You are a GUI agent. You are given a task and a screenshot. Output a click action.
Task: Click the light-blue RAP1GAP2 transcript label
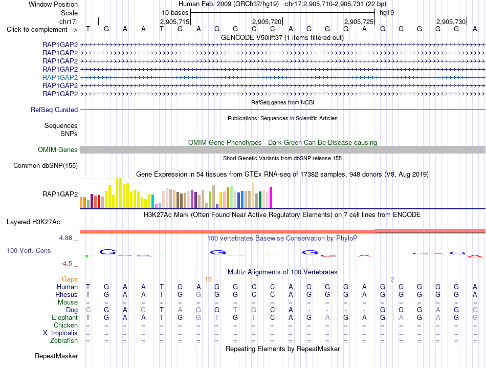pyautogui.click(x=60, y=77)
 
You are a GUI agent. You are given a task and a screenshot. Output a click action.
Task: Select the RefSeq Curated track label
pyautogui.click(x=54, y=110)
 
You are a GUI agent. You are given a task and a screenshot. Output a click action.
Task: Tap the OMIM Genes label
pyautogui.click(x=58, y=150)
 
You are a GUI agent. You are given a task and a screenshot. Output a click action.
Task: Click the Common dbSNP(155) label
pyautogui.click(x=46, y=165)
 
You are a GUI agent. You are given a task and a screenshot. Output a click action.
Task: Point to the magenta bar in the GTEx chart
pyautogui.click(x=271, y=197)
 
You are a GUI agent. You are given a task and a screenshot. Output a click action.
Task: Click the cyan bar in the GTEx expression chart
pyautogui.click(x=153, y=201)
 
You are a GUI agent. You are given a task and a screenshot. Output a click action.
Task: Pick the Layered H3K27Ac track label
pyautogui.click(x=33, y=222)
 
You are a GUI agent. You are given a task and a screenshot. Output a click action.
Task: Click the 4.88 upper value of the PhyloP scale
pyautogui.click(x=65, y=238)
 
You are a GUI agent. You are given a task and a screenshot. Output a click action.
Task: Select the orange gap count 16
pyautogui.click(x=208, y=279)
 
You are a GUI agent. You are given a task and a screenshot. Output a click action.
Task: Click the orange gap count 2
pyautogui.click(x=392, y=279)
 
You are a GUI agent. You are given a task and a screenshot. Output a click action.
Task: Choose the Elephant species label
pyautogui.click(x=65, y=318)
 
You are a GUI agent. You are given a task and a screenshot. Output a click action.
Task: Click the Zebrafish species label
pyautogui.click(x=64, y=341)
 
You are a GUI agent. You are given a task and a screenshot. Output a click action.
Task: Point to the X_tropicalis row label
pyautogui.click(x=60, y=333)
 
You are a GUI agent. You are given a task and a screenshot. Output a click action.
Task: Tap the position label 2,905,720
pyautogui.click(x=267, y=21)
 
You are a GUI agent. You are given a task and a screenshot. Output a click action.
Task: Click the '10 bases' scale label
pyautogui.click(x=175, y=13)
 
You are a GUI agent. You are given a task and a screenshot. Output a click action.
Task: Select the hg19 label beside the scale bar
pyautogui.click(x=387, y=13)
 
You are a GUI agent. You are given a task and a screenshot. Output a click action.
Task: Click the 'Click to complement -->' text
pyautogui.click(x=42, y=30)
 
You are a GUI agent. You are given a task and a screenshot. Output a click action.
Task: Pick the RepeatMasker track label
pyautogui.click(x=56, y=356)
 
